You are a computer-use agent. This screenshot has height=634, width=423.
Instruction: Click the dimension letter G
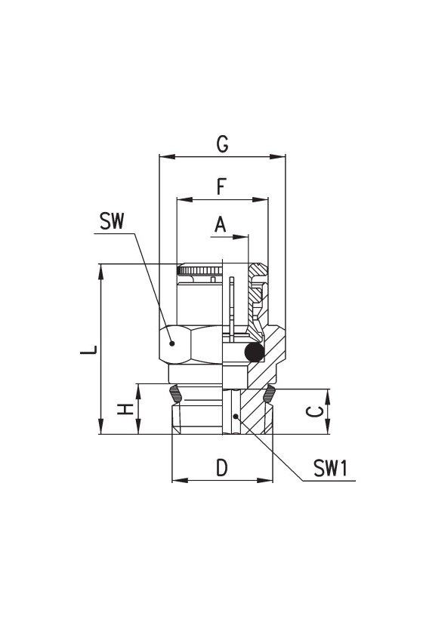coord(222,144)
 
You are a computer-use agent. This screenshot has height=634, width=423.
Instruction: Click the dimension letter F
coord(221,187)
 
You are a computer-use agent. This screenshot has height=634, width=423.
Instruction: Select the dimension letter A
coord(221,224)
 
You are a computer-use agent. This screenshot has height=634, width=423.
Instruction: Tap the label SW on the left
coord(112,221)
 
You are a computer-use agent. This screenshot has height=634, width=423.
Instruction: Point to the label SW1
coord(330,468)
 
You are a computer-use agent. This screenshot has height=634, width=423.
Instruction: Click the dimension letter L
coord(88,349)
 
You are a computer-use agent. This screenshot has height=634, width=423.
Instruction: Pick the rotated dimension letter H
coord(125,409)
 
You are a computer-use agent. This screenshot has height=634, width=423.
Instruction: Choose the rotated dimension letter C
coord(314,412)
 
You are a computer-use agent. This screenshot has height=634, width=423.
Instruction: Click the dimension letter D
coord(222,468)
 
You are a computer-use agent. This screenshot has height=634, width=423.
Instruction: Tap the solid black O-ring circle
coord(255,352)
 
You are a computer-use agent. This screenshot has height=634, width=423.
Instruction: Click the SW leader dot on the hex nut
coord(172,343)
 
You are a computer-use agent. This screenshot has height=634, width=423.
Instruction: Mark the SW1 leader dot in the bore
coord(235,416)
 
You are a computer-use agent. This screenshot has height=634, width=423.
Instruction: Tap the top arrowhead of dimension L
coord(100,272)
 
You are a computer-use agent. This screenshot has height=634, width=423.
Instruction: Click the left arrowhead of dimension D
coord(180,480)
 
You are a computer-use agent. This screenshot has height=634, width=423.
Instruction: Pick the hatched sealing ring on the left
coord(175,393)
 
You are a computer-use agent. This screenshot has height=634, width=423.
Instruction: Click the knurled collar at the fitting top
coord(200,269)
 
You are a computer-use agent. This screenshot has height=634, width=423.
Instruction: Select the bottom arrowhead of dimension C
coord(328,426)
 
